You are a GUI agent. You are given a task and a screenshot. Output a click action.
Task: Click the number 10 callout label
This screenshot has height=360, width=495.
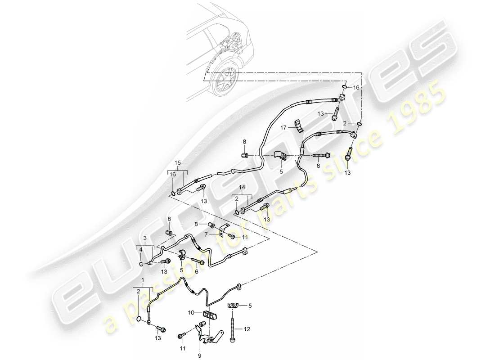click(x=190, y=312)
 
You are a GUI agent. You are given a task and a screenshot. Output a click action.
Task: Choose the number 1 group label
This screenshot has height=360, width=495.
click(x=143, y=279)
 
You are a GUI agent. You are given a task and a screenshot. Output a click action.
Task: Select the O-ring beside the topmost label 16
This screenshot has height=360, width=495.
click(x=344, y=87)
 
